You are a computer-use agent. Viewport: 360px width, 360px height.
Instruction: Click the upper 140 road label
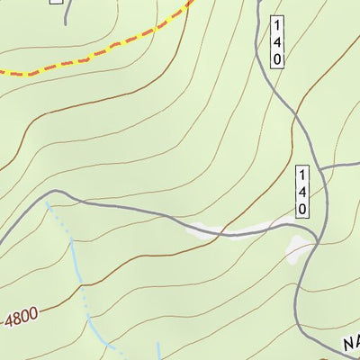pyautogui.click(x=276, y=40)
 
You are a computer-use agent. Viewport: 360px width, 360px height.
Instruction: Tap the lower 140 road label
pyautogui.click(x=303, y=191)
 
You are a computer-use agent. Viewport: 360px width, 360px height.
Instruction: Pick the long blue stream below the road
pyautogui.click(x=76, y=270)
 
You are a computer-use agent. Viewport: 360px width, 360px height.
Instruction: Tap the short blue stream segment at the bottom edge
pyautogui.click(x=158, y=351)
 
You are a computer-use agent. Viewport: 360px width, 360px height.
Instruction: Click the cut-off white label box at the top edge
pyautogui.click(x=56, y=2)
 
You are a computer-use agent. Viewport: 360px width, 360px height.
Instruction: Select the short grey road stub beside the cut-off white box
pyautogui.click(x=66, y=13)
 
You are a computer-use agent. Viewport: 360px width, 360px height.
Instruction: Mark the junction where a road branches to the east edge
pyautogui.click(x=320, y=168)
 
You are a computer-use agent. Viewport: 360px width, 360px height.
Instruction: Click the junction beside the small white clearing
pyautogui.click(x=318, y=241)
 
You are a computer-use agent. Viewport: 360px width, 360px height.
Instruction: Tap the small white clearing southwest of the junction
pyautogui.click(x=295, y=248)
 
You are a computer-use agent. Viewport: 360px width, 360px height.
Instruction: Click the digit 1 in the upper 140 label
pyautogui.click(x=276, y=24)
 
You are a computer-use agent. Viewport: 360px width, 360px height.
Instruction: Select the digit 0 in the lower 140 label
pyautogui.click(x=303, y=207)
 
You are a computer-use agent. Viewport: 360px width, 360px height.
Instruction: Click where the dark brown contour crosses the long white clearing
pyautogui.click(x=220, y=233)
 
